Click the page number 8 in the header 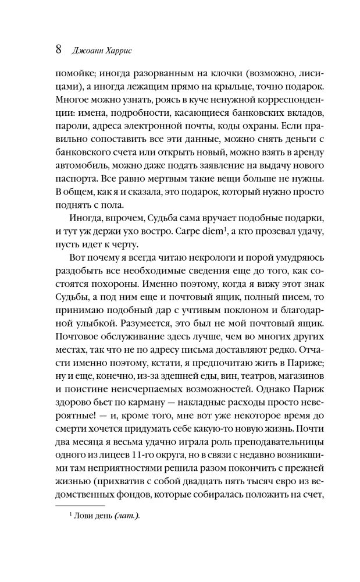coord(58,49)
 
